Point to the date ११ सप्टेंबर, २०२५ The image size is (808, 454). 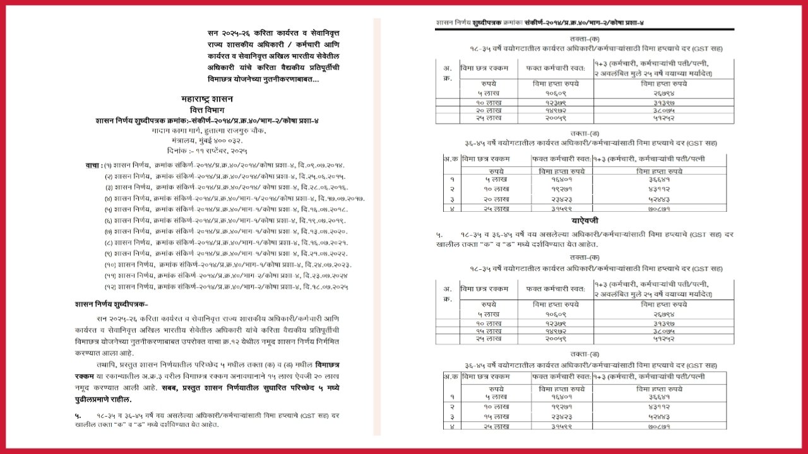click(x=220, y=151)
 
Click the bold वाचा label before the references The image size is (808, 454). click(x=93, y=165)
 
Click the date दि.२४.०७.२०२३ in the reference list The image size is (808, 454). click(x=328, y=265)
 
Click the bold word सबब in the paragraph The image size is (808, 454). click(x=170, y=388)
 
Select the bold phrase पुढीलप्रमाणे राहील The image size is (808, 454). click(x=104, y=400)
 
